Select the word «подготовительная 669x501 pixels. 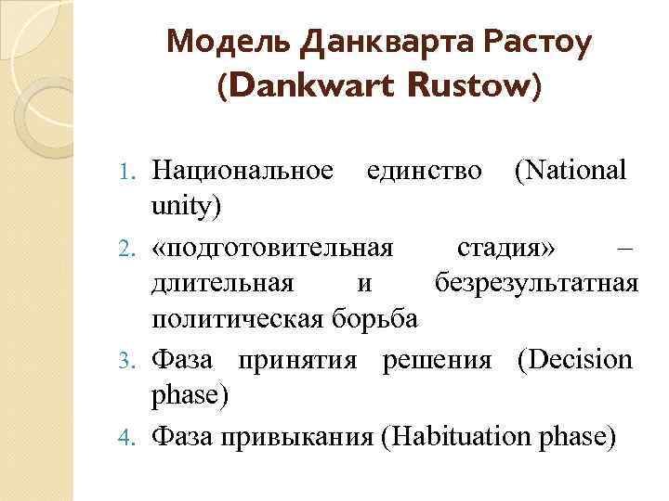(272, 248)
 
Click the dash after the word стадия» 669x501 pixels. (625, 248)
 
